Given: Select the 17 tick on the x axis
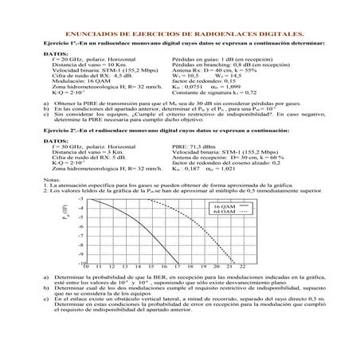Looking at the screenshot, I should [178, 289].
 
